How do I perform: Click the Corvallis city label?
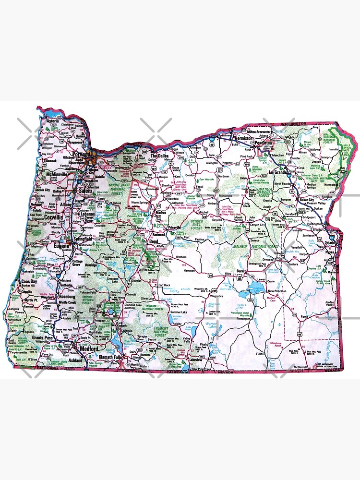(54, 217)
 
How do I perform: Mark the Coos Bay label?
(28, 282)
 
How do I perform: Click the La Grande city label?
(278, 172)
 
